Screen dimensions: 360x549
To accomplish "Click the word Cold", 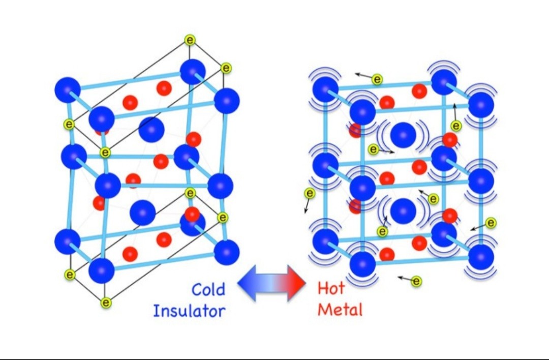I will point(208,289).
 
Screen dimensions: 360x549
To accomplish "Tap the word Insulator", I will point(189,310).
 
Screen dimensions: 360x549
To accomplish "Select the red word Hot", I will point(331,288).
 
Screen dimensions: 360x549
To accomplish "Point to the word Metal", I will point(340,309).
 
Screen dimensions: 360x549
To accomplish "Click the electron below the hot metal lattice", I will point(416,281).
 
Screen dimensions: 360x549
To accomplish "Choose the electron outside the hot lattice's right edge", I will point(491,223).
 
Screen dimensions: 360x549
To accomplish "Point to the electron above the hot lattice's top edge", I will point(377,79).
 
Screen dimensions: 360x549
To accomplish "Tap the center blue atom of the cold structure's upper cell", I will point(151,130).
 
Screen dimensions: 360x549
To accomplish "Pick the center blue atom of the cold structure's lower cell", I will point(143,212).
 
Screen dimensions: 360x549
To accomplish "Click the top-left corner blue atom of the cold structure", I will point(68,90).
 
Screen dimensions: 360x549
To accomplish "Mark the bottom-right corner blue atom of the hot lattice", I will point(481,257).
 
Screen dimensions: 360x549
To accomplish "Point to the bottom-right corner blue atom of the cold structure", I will point(227,251).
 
